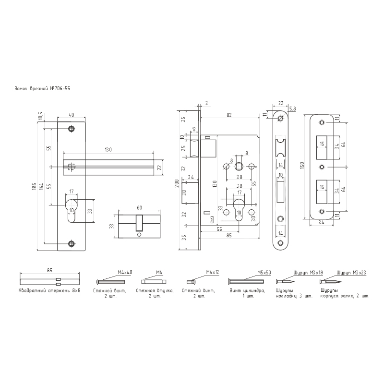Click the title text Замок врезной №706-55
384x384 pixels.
[x=42, y=89]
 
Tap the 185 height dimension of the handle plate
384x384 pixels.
[x=34, y=186]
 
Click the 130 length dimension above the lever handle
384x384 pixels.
[x=108, y=149]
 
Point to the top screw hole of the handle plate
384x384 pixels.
[x=71, y=129]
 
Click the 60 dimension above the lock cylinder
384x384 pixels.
[x=139, y=208]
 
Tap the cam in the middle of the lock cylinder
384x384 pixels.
[x=139, y=223]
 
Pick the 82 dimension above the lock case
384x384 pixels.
[x=229, y=115]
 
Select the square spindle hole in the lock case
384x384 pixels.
[x=238, y=167]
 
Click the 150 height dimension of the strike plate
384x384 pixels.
[x=302, y=166]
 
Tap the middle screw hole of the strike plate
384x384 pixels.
[x=322, y=167]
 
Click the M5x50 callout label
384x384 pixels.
[x=264, y=273]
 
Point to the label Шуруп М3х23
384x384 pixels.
[x=351, y=273]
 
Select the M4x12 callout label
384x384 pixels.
[x=212, y=272]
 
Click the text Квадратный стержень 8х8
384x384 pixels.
[x=49, y=291]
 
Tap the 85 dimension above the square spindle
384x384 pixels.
[x=49, y=270]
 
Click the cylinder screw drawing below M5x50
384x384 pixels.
[x=246, y=281]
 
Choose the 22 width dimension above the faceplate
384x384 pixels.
[x=281, y=103]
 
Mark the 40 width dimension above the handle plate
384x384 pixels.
[x=71, y=115]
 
